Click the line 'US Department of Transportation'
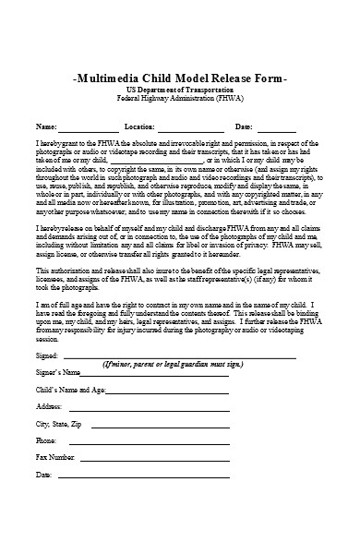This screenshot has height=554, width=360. (180, 93)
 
